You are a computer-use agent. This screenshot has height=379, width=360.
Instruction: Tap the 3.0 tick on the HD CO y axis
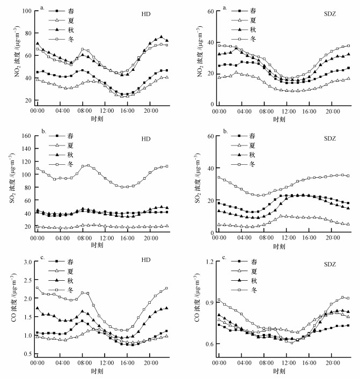pos(26,261)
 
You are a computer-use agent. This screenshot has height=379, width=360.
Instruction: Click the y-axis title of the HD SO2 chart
pos(10,181)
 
